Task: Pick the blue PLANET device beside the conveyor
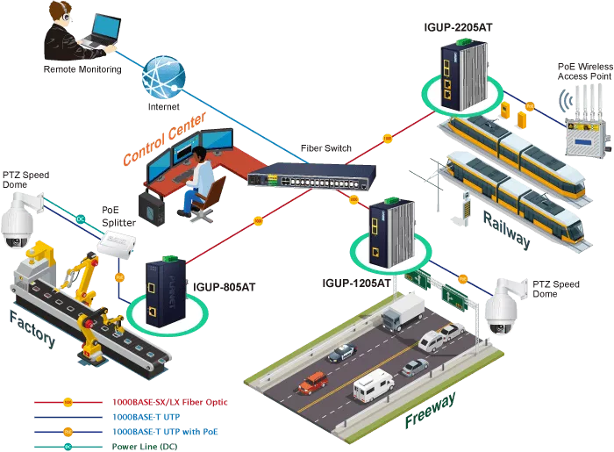pyautogui.click(x=167, y=292)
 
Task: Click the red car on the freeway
pyautogui.click(x=313, y=383)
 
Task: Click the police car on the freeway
pyautogui.click(x=342, y=352)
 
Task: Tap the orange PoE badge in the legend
pyautogui.click(x=68, y=431)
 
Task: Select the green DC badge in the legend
pyautogui.click(x=68, y=447)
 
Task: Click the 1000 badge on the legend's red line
pyautogui.click(x=68, y=401)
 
